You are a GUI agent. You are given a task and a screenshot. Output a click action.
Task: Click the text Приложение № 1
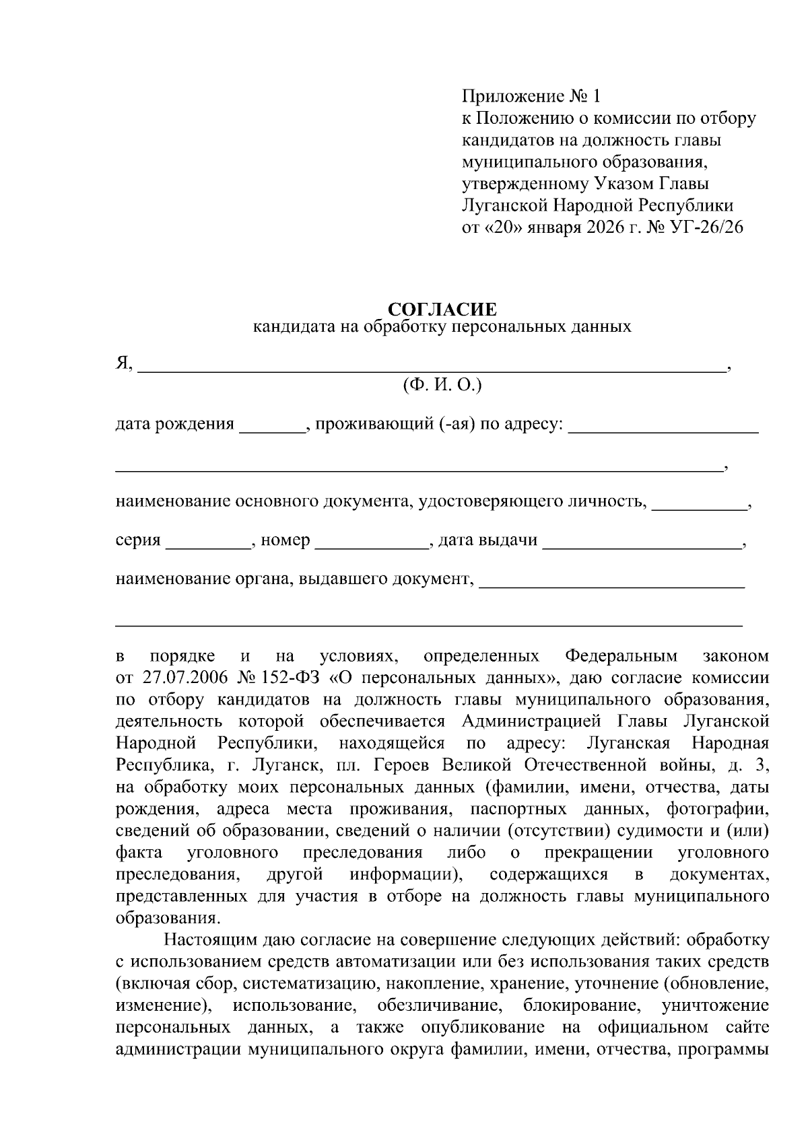pyautogui.click(x=530, y=96)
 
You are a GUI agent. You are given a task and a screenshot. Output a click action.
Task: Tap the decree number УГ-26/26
pyautogui.click(x=707, y=227)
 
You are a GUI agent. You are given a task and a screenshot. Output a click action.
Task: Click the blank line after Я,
pyautogui.click(x=431, y=367)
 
